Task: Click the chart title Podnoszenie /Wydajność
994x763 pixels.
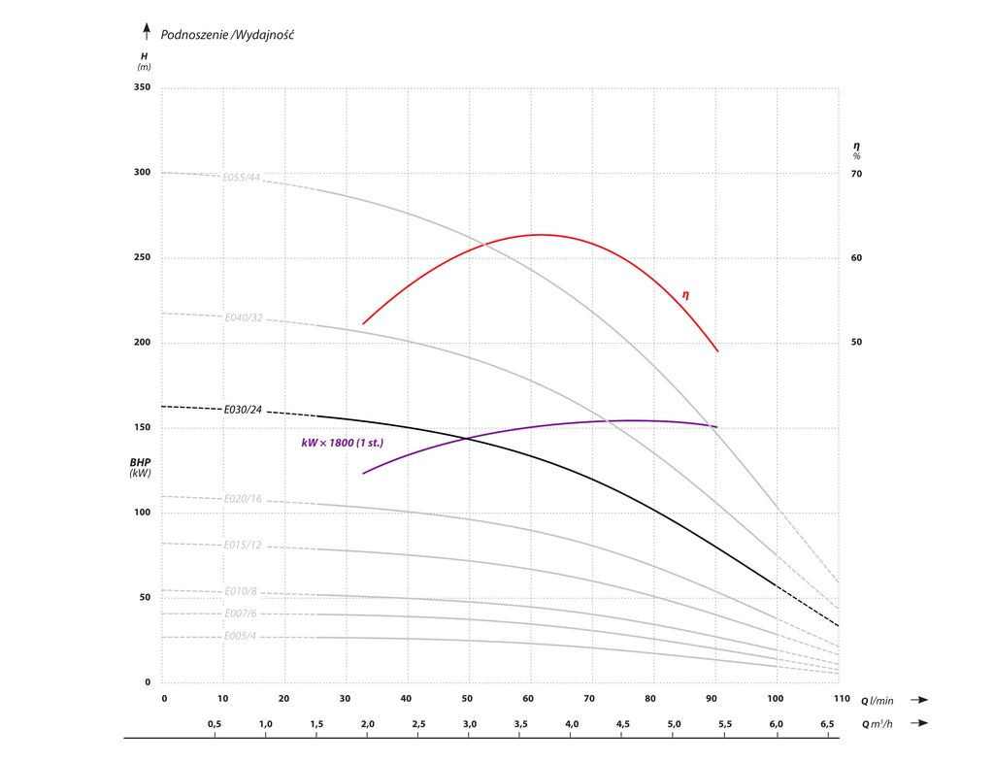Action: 227,35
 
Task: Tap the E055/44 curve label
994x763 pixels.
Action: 242,178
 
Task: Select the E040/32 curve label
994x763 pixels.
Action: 244,317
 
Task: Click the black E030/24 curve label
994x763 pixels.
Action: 243,410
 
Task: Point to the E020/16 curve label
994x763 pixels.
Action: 243,499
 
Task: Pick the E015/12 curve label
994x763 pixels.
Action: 243,545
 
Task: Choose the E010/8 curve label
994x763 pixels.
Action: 240,591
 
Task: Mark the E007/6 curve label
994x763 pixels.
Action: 240,614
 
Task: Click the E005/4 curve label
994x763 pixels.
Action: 240,637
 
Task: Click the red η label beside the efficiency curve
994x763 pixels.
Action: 685,294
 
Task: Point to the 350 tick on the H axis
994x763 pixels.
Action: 142,88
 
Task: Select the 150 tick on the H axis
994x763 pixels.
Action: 142,428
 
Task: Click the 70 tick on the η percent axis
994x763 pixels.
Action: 856,174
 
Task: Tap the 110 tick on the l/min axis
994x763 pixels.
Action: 839,699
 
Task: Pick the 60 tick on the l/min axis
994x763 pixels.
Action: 529,699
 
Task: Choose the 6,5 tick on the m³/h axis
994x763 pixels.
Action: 828,724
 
